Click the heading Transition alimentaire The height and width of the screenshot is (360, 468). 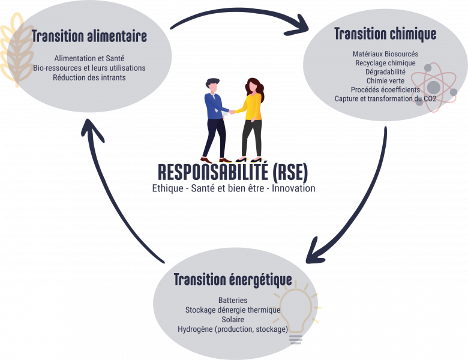(x=89, y=36)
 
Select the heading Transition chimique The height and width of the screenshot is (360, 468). (x=385, y=34)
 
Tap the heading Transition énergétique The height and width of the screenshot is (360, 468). (x=233, y=280)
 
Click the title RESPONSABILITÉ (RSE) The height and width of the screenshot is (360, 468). (x=233, y=172)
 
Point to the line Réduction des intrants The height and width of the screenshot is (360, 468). (x=89, y=77)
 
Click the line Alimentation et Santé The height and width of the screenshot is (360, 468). (x=89, y=58)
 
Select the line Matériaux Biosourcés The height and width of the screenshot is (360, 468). (x=385, y=54)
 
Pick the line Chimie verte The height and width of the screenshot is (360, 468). (x=385, y=81)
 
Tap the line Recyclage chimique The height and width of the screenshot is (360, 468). (x=385, y=63)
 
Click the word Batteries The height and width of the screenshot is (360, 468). (x=233, y=300)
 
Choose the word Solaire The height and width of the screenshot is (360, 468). (x=233, y=319)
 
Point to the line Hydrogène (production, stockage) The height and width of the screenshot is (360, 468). (x=233, y=329)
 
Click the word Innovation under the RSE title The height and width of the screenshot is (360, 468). (x=293, y=188)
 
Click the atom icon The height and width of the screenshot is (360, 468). (x=434, y=87)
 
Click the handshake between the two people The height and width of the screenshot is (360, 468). (x=232, y=112)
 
